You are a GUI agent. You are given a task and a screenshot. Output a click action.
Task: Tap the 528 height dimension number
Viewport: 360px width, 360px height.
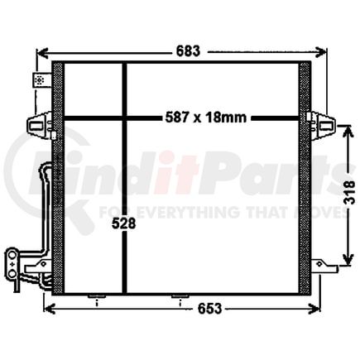[122, 224]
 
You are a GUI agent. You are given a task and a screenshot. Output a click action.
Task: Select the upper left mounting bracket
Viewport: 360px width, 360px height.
[40, 124]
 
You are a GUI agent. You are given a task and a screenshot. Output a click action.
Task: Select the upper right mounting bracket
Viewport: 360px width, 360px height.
[320, 124]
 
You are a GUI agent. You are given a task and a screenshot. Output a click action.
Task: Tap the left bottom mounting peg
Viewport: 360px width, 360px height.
[94, 297]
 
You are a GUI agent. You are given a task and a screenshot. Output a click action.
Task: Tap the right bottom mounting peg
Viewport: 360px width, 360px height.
[175, 297]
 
